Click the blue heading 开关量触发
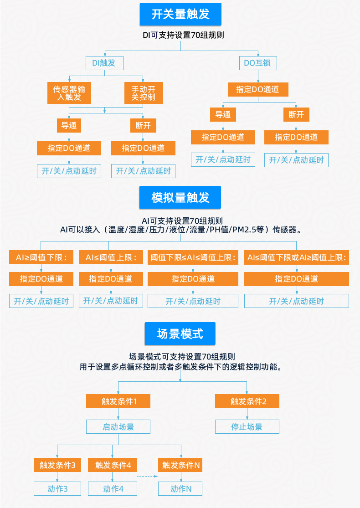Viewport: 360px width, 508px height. pyautogui.click(x=180, y=15)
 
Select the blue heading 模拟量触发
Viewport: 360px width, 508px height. pyautogui.click(x=180, y=198)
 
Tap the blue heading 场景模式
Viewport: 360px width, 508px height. pyautogui.click(x=180, y=334)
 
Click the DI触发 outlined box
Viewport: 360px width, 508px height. pyautogui.click(x=104, y=63)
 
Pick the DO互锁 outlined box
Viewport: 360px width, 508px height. pyautogui.click(x=257, y=63)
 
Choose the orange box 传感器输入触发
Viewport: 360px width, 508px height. pyautogui.click(x=69, y=93)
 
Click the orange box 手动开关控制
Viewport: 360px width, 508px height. pyautogui.click(x=144, y=93)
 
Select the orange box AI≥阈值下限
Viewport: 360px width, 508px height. pyautogui.click(x=41, y=257)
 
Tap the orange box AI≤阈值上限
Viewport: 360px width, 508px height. pyautogui.click(x=111, y=257)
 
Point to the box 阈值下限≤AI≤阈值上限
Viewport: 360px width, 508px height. pyautogui.click(x=193, y=257)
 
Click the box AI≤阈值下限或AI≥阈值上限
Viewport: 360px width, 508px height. pyautogui.click(x=297, y=257)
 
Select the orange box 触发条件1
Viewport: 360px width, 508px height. pyautogui.click(x=119, y=401)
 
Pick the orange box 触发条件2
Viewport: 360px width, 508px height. pyautogui.click(x=247, y=401)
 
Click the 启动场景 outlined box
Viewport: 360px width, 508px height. pyautogui.click(x=118, y=427)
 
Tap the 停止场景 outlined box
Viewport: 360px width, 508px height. pyautogui.click(x=247, y=427)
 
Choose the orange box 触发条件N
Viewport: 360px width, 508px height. pyautogui.click(x=181, y=465)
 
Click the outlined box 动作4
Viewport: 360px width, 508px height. pyautogui.click(x=113, y=489)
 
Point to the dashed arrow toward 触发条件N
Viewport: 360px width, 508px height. pyautogui.click(x=147, y=476)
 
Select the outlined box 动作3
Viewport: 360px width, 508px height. pyautogui.click(x=57, y=489)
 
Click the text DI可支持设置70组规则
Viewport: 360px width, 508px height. pyautogui.click(x=180, y=35)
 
